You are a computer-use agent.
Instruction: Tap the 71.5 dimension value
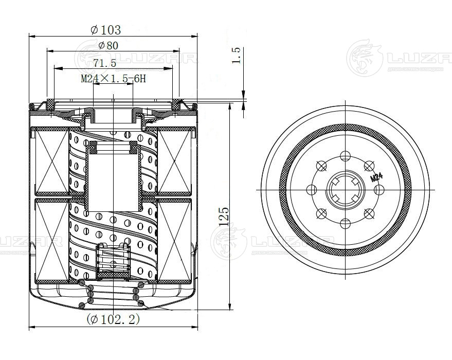tap(105, 63)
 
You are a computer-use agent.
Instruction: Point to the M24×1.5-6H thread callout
tap(114, 79)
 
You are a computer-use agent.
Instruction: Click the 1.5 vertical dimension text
tap(237, 56)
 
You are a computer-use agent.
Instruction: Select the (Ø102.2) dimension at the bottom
tap(114, 319)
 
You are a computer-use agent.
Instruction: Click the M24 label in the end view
tap(376, 177)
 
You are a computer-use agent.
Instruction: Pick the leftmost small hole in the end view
tap(311, 190)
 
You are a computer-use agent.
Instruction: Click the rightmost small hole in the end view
tap(379, 190)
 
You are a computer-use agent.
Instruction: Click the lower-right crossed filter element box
tap(175, 241)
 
